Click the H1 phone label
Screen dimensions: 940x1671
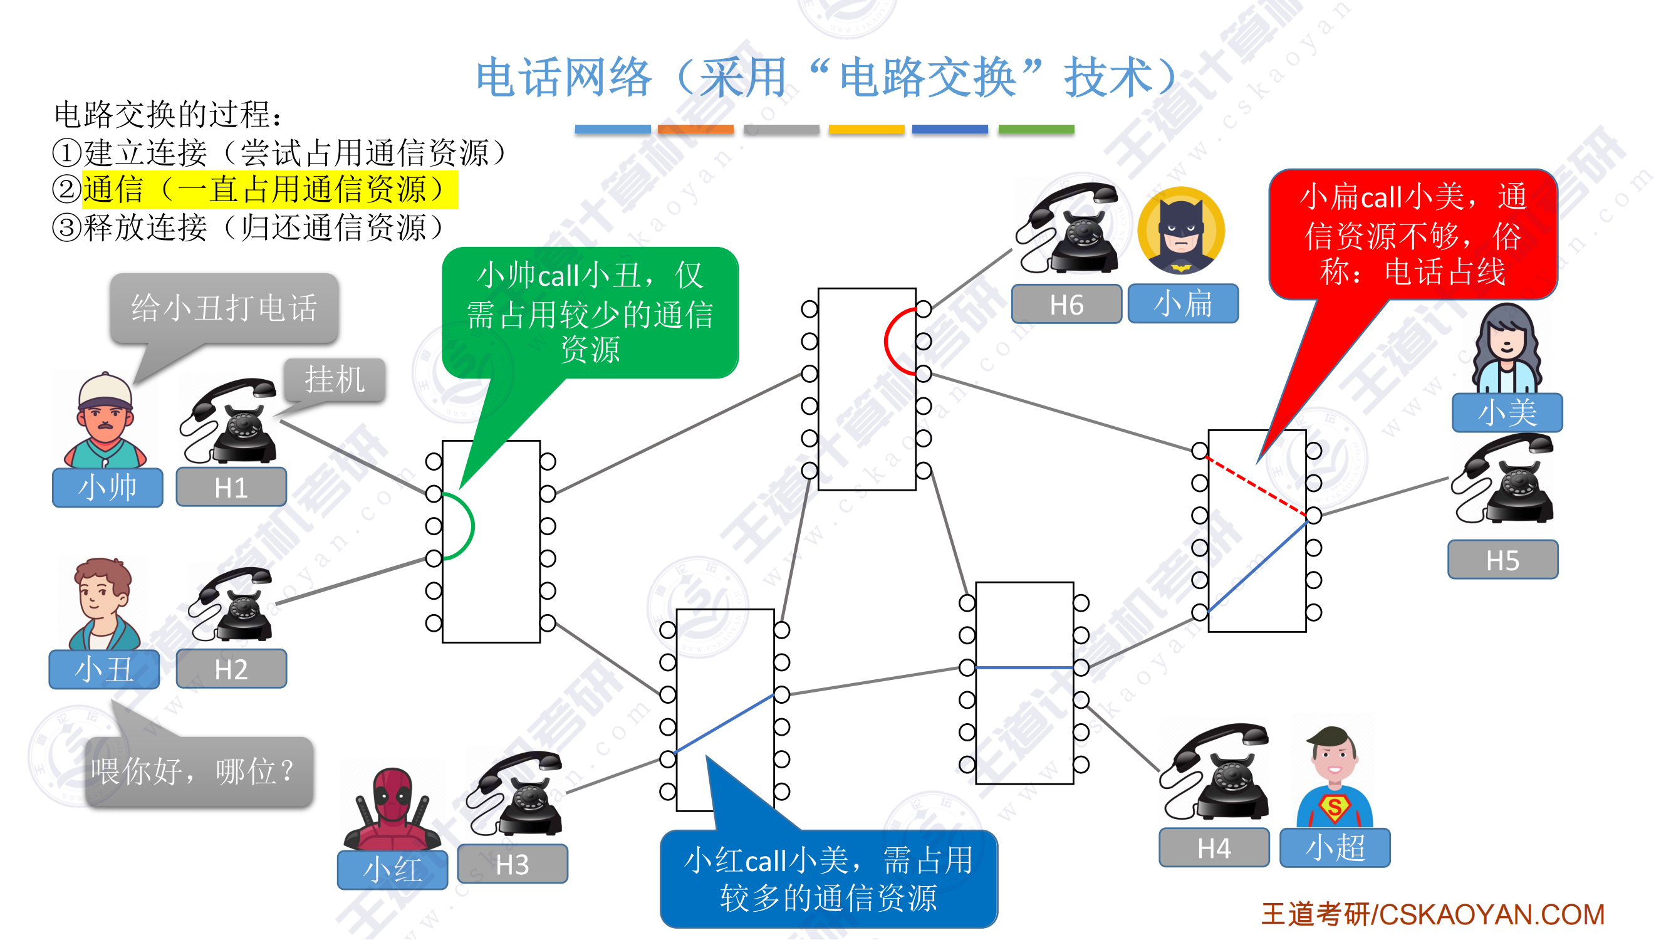coord(231,487)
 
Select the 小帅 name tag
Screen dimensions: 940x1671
coord(107,487)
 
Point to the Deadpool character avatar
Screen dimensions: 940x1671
coord(392,808)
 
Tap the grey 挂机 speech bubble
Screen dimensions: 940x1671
coord(335,380)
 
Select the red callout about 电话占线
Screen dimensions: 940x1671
coord(1412,234)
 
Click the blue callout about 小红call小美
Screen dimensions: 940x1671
coord(828,879)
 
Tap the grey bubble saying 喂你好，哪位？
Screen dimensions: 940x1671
coord(199,772)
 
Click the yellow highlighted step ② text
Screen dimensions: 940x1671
coord(269,190)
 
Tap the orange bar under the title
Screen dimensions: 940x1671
coord(695,129)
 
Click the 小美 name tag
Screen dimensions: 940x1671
coord(1506,412)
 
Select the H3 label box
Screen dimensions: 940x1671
coord(513,864)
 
